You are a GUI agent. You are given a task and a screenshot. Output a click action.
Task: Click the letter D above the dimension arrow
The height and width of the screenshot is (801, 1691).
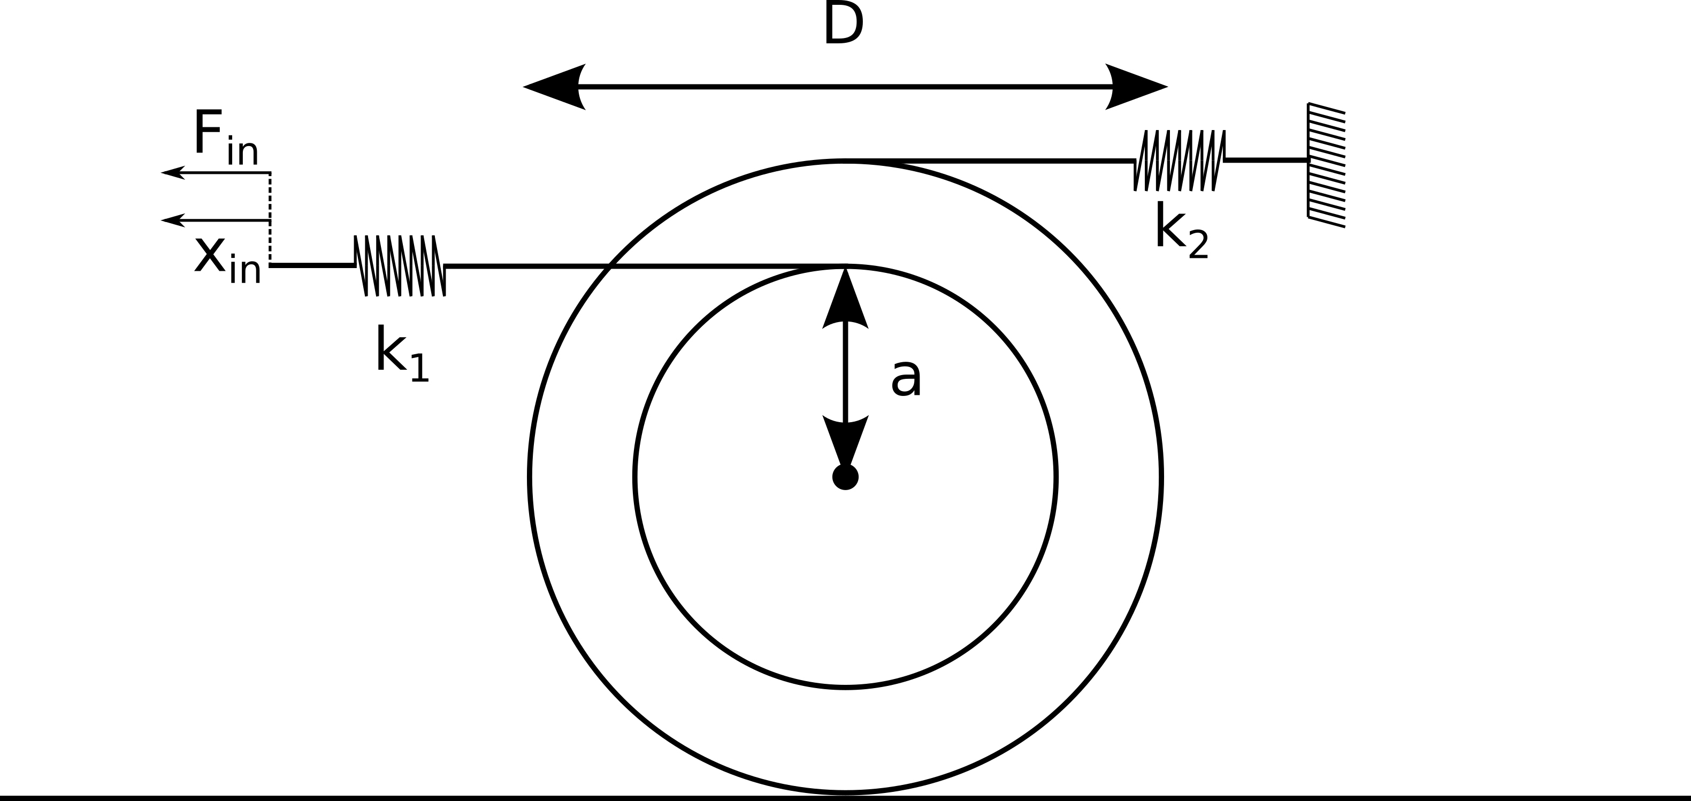pos(844,24)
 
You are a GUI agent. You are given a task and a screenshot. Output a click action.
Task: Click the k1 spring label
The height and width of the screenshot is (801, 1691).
pos(402,353)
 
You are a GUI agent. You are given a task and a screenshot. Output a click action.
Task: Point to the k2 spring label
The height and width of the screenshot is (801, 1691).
pos(1181,230)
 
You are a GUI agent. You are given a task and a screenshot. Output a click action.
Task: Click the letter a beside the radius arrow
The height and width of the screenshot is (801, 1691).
pos(907,378)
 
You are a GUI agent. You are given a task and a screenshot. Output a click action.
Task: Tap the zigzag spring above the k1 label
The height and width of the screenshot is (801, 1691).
pos(400,265)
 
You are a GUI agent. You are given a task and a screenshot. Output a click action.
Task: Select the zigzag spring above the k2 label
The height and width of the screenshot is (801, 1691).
pos(1180,160)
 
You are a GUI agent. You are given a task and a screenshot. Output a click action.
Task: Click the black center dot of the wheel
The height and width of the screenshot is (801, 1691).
pos(845,477)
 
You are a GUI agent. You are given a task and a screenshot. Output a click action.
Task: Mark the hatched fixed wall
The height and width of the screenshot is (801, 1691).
pos(1326,165)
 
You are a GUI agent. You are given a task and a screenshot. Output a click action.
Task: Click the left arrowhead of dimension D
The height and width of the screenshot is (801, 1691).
pos(553,87)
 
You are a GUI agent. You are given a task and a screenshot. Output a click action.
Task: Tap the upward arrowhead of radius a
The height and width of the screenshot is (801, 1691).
pos(845,299)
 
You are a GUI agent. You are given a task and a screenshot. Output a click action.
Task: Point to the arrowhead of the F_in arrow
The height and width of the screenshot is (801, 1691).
pos(173,173)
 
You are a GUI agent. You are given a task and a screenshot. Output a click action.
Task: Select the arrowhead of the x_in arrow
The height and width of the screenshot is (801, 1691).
pos(173,220)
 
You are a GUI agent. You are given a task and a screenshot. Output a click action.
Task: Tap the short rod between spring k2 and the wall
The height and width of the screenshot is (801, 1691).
pos(1267,159)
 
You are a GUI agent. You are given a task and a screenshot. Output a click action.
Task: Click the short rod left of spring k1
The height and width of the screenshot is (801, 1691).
pos(312,265)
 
